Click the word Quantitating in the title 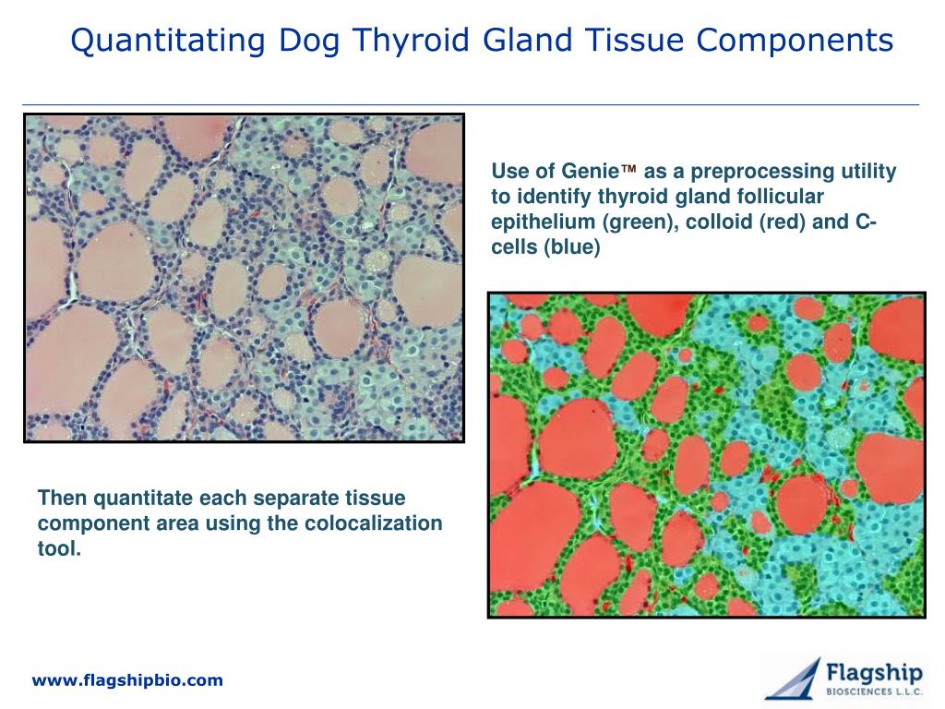168,42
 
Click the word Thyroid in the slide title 411,41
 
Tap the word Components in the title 795,41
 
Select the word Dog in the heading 308,42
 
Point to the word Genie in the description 590,171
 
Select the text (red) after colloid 782,222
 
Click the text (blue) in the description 572,247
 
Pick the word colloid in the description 718,222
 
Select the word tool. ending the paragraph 59,548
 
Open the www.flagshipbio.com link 127,680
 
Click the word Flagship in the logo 874,673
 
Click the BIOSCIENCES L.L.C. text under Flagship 874,692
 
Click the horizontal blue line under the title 471,105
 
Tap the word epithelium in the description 543,222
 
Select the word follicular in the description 781,197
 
